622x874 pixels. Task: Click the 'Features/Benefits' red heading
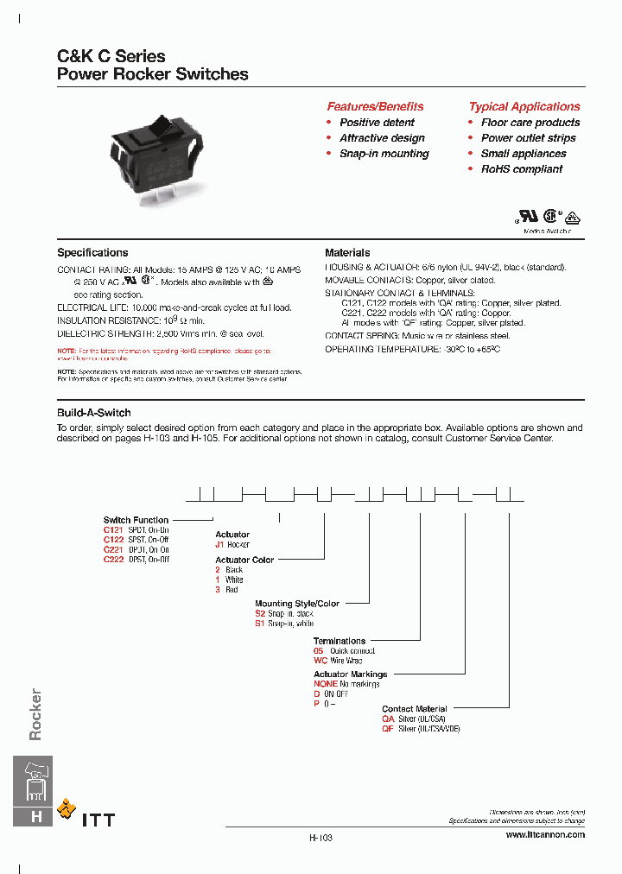375,106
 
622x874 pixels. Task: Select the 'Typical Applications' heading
524,106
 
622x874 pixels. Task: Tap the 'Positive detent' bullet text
377,123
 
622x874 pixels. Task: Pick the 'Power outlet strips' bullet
528,138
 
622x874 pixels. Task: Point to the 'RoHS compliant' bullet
521,169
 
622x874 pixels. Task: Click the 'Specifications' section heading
92,253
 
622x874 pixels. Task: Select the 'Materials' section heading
347,253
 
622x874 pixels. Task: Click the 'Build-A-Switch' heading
94,413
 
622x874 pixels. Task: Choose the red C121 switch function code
114,529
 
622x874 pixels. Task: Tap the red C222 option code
114,560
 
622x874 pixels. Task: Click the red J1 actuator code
220,545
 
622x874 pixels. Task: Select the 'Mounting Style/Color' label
297,604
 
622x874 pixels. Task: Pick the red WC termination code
319,661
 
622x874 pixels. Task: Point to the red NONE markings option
325,684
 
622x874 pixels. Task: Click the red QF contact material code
388,729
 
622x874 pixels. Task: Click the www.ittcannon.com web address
544,835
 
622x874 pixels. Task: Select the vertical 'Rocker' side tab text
35,714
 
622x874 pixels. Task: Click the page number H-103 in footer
321,838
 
